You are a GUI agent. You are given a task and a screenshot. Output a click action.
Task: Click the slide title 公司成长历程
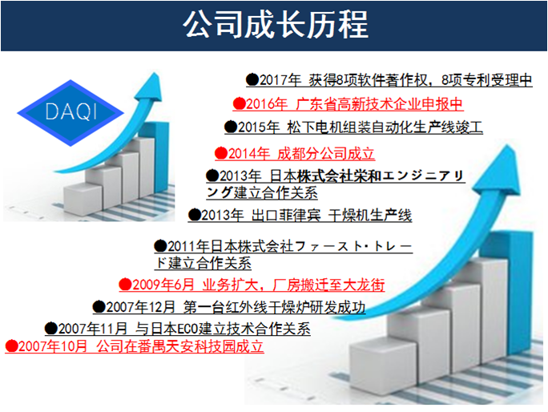[x=276, y=25]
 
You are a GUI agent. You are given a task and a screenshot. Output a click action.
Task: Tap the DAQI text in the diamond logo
[x=71, y=112]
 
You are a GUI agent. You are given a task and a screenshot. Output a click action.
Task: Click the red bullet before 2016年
[x=239, y=104]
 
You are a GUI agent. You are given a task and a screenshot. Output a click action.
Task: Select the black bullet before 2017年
[x=252, y=80]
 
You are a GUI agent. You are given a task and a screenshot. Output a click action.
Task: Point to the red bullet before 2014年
[x=221, y=153]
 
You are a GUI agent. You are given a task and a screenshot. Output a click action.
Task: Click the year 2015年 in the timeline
[x=259, y=127]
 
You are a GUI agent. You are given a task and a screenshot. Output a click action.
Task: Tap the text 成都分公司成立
[x=326, y=154]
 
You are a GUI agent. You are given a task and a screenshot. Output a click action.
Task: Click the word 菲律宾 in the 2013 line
[x=300, y=215]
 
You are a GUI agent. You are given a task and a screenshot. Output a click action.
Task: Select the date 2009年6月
[x=163, y=285]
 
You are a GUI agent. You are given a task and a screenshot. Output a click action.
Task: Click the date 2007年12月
[x=140, y=307]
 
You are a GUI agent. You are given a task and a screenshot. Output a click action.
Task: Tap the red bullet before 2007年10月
[x=11, y=346]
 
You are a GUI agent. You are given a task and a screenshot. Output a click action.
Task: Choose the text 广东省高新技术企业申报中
[x=379, y=104]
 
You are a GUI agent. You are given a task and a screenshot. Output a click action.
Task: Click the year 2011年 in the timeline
[x=188, y=246]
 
